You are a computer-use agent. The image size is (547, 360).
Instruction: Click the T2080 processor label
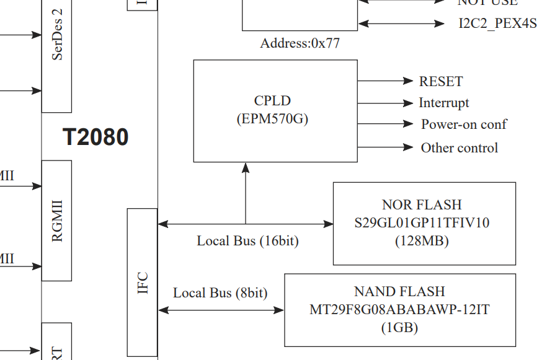coord(96,137)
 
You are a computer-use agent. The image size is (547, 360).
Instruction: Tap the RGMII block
coord(56,220)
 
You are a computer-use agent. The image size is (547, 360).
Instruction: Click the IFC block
coord(142,283)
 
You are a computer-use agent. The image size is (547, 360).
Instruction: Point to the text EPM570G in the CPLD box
coord(272,119)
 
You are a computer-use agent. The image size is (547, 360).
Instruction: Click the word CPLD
coord(272,100)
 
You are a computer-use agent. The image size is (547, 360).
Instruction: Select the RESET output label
coord(440,82)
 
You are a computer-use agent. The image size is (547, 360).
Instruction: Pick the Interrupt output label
coord(443,103)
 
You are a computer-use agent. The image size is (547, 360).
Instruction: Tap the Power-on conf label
coord(463,124)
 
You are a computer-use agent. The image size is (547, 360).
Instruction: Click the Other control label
coord(459,147)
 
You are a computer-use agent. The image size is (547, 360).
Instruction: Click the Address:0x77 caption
coord(300,44)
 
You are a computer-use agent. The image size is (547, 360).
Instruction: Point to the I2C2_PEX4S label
coord(497,24)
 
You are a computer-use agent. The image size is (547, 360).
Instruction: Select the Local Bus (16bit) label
coord(247,240)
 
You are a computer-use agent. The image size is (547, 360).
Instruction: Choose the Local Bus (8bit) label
coord(220,292)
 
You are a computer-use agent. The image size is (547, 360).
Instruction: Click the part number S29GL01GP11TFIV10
coord(422,223)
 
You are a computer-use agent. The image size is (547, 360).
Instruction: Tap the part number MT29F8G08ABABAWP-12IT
coord(399,309)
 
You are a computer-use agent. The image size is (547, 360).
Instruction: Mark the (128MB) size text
coord(422,241)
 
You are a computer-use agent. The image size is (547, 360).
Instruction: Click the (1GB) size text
coord(399,327)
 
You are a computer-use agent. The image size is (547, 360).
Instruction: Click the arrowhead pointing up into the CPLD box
coord(246,167)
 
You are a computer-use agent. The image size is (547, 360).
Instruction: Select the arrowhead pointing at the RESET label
coord(407,81)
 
